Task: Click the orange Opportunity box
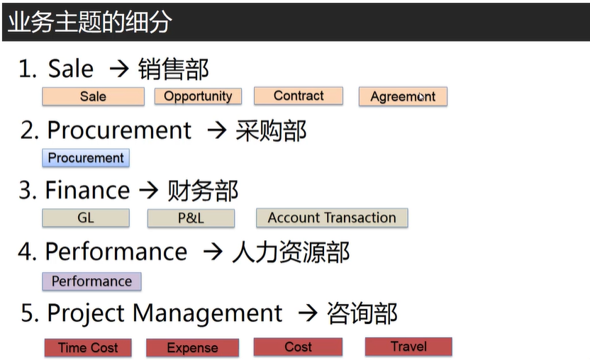pos(198,96)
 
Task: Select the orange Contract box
pos(299,96)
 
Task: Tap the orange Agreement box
pos(403,96)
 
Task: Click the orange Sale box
pos(94,96)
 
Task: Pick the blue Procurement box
pos(86,157)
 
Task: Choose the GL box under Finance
pos(86,218)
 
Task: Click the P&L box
pos(191,218)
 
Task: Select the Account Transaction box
pos(332,218)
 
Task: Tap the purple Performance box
pos(91,281)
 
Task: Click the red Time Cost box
pos(88,347)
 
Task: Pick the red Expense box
pos(192,347)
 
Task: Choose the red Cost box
pos(298,347)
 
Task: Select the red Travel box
pos(408,347)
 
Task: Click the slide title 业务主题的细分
pos(89,22)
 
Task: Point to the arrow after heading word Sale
pos(119,69)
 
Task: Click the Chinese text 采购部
pos(271,131)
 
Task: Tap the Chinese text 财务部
pos(202,191)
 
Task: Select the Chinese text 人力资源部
pos(291,252)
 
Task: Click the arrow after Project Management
pos(308,313)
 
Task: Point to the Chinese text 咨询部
pos(362,313)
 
